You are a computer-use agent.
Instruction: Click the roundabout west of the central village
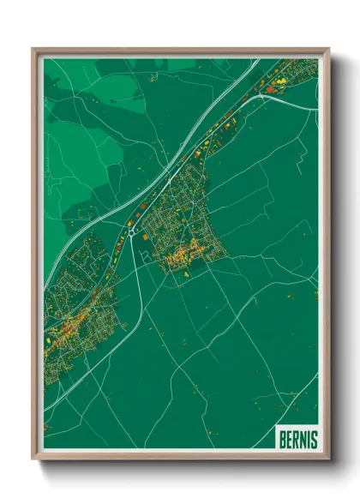pyautogui.click(x=130, y=229)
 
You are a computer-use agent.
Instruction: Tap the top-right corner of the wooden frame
pyautogui.click(x=328, y=50)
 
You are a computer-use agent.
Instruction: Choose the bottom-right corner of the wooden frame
pyautogui.click(x=328, y=459)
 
